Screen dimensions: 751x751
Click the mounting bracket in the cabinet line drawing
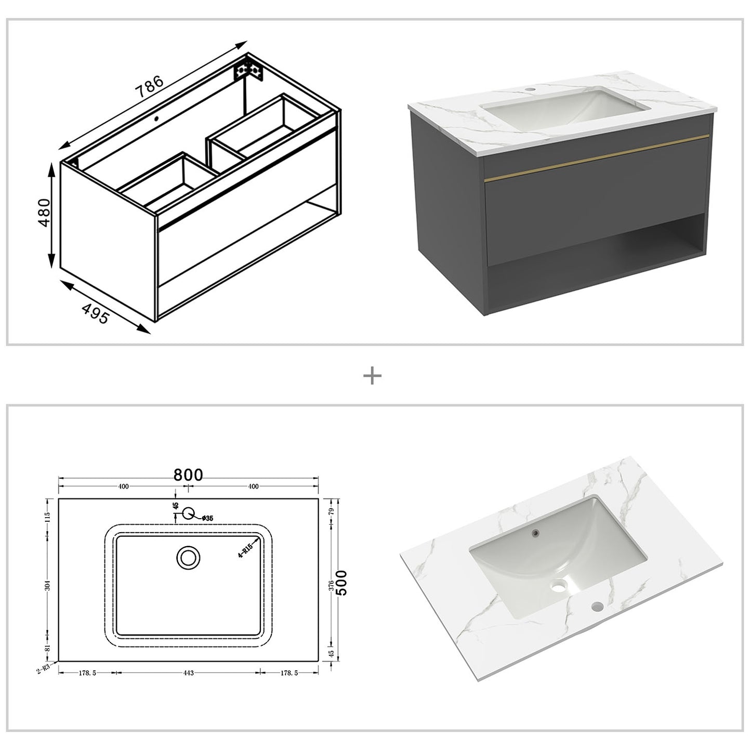248,70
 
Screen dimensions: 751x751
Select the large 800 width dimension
188,475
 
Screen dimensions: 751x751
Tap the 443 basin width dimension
188,673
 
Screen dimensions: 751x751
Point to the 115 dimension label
48,517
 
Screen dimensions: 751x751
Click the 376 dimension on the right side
331,586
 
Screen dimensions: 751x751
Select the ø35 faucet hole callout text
206,518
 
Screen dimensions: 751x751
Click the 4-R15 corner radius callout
245,549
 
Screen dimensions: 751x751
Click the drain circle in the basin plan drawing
188,558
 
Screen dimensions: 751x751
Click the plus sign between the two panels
372,375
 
